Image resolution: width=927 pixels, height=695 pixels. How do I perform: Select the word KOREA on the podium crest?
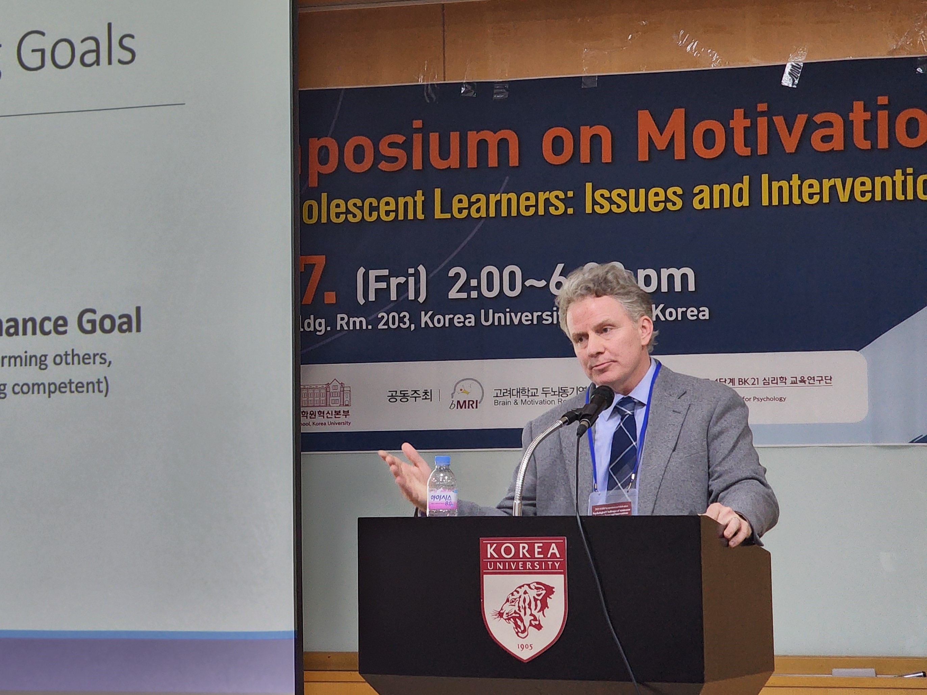point(523,550)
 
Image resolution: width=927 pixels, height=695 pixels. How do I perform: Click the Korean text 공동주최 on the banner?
point(408,396)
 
